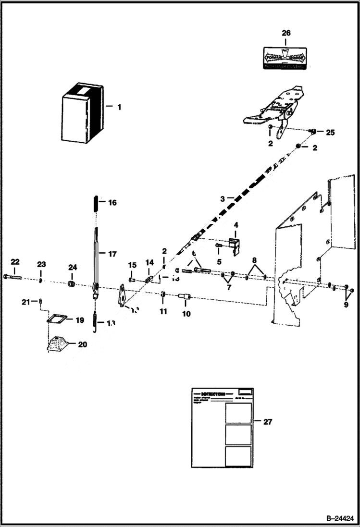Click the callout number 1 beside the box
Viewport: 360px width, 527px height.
coord(119,107)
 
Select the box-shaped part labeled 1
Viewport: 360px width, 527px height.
coord(82,113)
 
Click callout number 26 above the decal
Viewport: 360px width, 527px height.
coord(286,34)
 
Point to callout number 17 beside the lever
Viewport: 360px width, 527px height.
coord(112,254)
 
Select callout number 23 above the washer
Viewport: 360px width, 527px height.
coord(41,264)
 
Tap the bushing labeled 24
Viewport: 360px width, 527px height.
coord(72,285)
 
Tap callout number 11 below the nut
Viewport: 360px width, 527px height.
coord(163,312)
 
